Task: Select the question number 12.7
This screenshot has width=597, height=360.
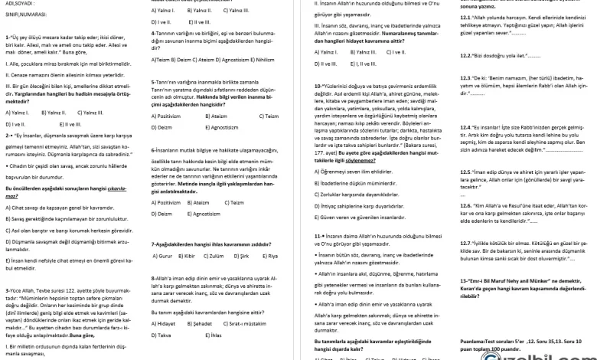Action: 466,242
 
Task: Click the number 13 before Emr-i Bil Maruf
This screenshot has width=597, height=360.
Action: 463,281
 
